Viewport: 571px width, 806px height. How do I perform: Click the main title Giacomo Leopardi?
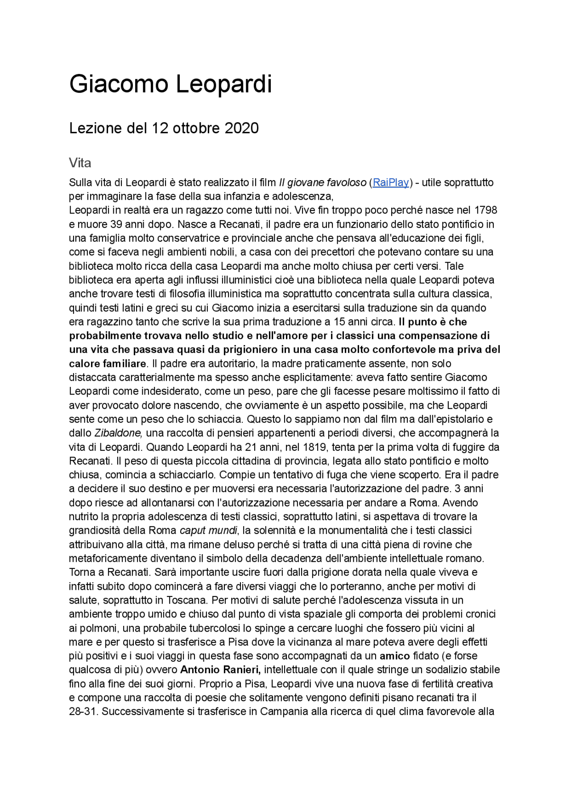tap(170, 84)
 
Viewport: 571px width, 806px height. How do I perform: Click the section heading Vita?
tap(80, 163)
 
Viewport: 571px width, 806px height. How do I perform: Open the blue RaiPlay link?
tap(391, 182)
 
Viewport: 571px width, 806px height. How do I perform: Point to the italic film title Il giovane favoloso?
tap(323, 182)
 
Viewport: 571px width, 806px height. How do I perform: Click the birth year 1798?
tap(485, 210)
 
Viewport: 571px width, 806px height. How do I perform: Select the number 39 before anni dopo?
tap(116, 224)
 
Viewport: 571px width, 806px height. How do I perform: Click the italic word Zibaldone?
tap(118, 433)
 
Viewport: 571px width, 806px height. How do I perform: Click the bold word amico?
tap(394, 656)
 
